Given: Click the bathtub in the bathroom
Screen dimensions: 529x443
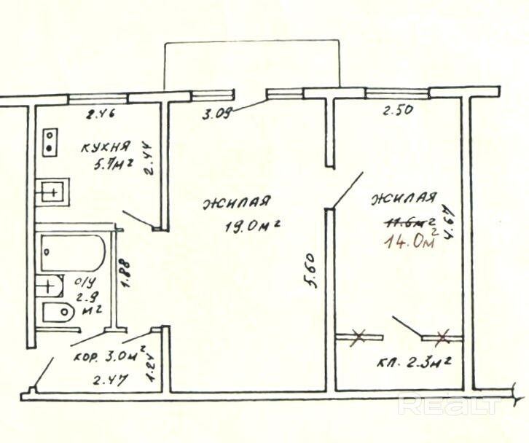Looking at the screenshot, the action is tap(72, 252).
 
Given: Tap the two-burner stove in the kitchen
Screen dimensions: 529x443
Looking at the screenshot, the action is tap(50, 141).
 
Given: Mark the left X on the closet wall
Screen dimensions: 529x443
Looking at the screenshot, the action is tap(358, 337).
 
